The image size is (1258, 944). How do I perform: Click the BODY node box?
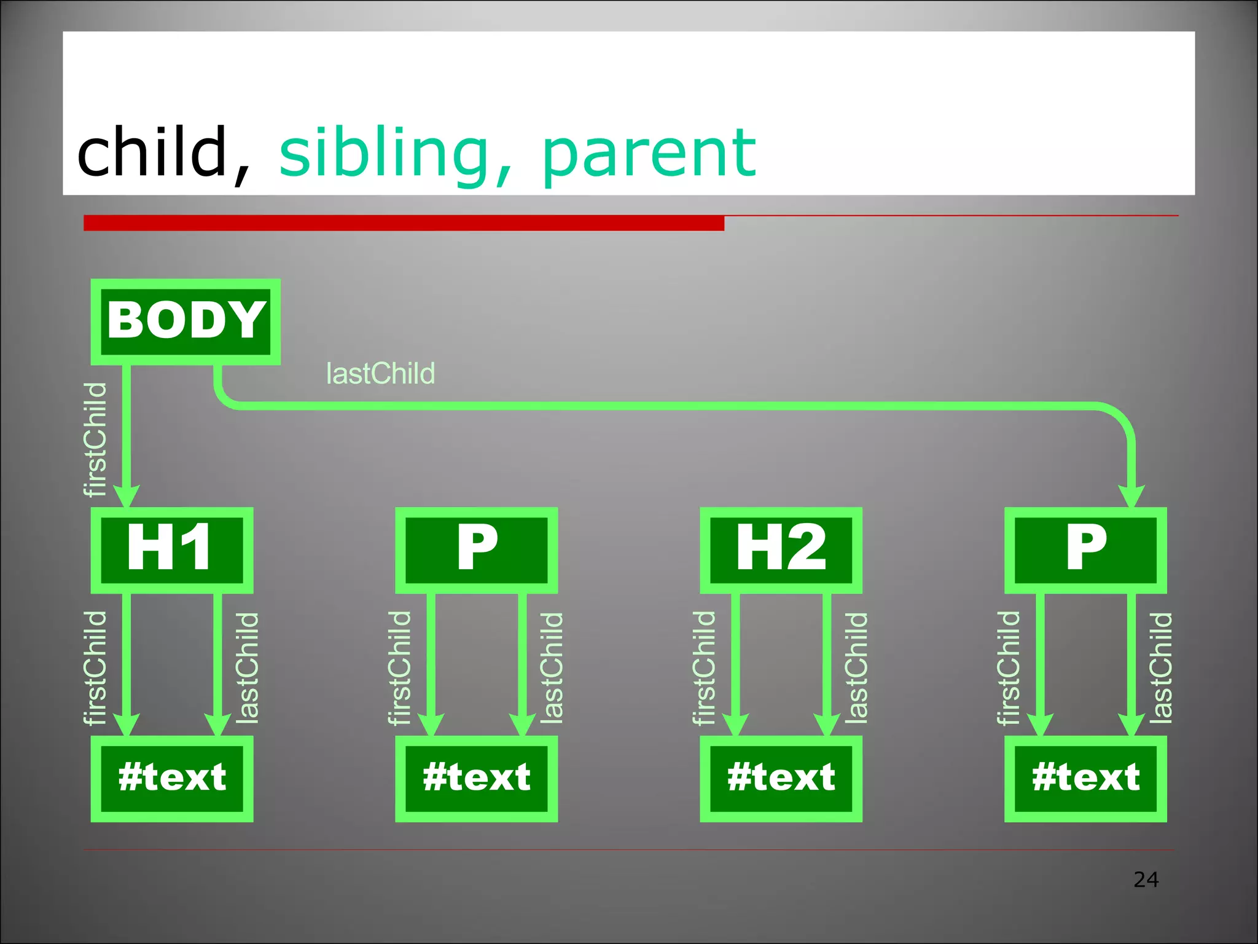(x=186, y=321)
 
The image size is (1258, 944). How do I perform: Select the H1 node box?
(x=172, y=549)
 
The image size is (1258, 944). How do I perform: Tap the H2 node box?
(x=781, y=549)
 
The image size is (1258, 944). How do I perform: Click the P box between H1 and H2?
(x=476, y=549)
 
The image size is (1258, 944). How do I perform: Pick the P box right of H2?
(x=1085, y=549)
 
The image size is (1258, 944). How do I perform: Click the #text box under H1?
(x=172, y=778)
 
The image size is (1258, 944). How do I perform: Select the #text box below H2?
(x=781, y=778)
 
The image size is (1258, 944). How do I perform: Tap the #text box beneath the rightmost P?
(x=1085, y=778)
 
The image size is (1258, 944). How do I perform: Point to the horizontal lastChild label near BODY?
(x=380, y=374)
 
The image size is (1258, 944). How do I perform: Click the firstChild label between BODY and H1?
(x=95, y=439)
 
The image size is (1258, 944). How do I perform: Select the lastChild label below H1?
(x=248, y=667)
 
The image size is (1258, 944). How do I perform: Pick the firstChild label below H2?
(x=704, y=667)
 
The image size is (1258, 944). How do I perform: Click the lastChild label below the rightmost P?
(x=1161, y=667)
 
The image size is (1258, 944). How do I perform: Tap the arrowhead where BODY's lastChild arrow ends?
(x=1131, y=495)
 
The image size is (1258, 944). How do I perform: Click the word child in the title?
(x=152, y=151)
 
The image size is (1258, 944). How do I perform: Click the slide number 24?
(x=1146, y=879)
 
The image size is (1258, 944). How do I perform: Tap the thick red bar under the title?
(x=404, y=222)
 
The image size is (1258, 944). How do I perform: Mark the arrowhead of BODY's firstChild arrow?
(x=127, y=495)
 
